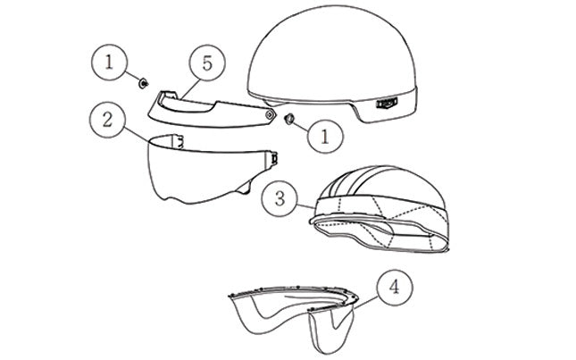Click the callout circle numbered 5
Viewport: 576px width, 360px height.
(x=207, y=63)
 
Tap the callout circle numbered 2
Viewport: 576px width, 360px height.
(x=107, y=120)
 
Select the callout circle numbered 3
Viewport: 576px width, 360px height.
(x=280, y=198)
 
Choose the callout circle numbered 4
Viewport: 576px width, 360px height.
(x=395, y=288)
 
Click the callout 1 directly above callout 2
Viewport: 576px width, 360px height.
(x=109, y=62)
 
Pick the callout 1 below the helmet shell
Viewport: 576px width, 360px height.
(x=325, y=136)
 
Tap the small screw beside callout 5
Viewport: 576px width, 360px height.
(x=143, y=83)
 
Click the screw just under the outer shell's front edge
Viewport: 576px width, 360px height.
(x=288, y=118)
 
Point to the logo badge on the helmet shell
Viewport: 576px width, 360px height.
(x=387, y=103)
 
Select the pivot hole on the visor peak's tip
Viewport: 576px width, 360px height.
(x=270, y=115)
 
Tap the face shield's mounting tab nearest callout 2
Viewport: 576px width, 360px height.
(x=179, y=142)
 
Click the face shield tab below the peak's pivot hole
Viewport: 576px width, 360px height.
(x=273, y=157)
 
